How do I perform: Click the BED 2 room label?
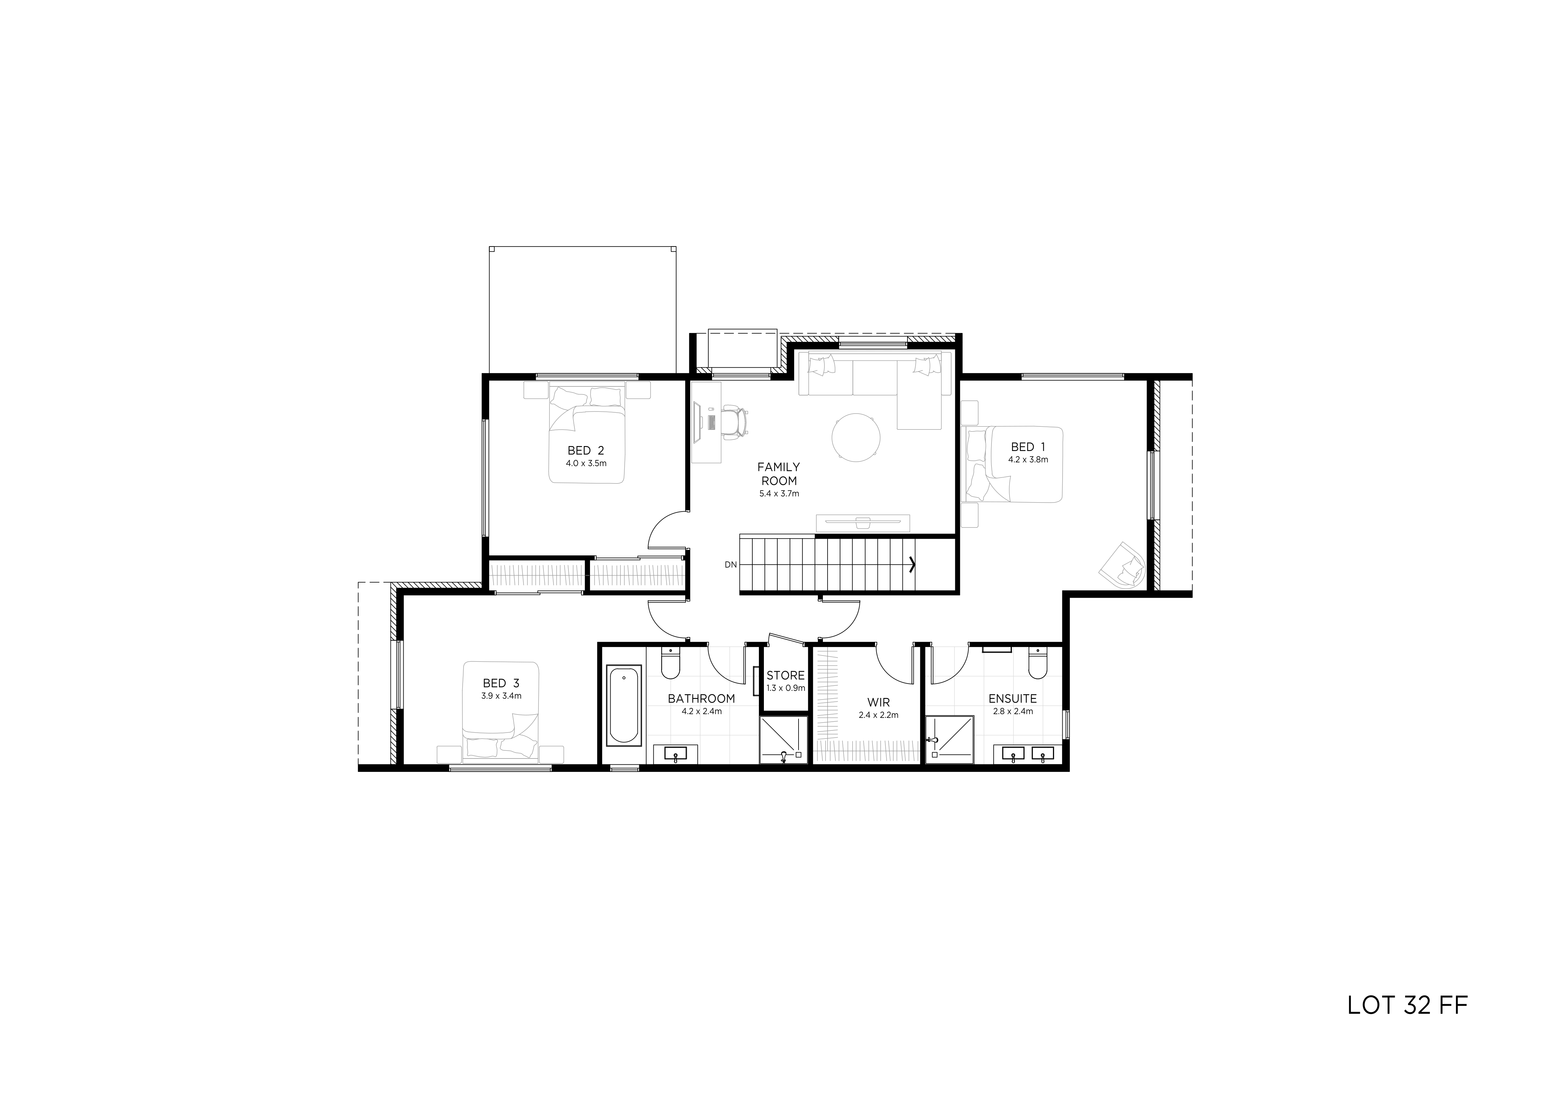(586, 451)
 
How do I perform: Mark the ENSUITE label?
(1013, 699)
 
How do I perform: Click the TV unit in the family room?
(863, 522)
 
